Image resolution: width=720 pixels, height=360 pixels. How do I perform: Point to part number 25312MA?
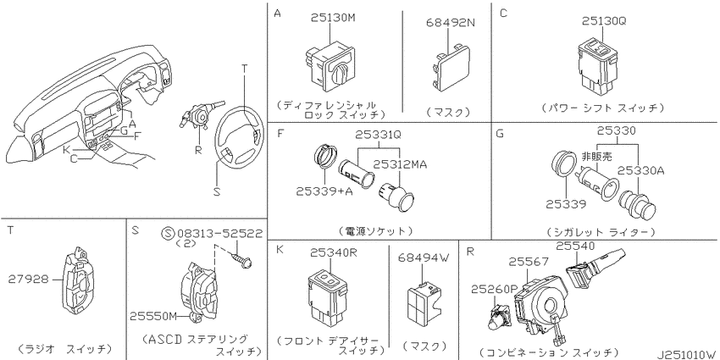pos(401,163)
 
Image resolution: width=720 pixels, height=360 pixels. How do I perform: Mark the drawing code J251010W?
pos(685,351)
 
